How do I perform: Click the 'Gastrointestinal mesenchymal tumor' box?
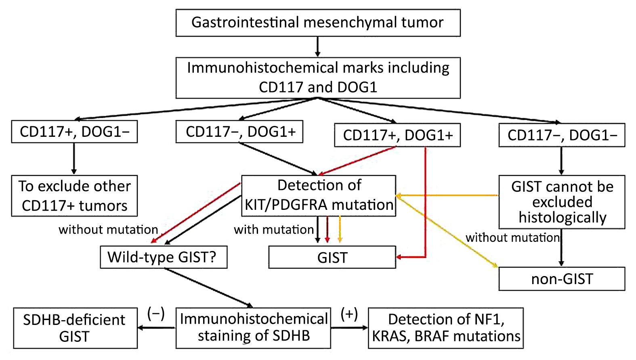click(318, 23)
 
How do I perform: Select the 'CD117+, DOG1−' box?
click(74, 132)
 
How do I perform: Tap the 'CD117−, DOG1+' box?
click(239, 132)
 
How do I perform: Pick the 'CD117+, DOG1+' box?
click(397, 135)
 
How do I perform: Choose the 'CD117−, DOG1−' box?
click(562, 135)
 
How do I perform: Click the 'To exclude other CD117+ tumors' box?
click(74, 196)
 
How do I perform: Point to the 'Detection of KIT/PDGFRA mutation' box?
click(319, 196)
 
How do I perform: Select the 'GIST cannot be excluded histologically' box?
click(562, 202)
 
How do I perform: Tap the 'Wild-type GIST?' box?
click(164, 257)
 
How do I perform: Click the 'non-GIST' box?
click(562, 279)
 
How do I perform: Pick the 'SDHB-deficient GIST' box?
click(75, 328)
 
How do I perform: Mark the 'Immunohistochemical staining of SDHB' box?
click(253, 328)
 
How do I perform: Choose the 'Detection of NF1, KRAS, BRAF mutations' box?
click(446, 328)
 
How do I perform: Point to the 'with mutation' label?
click(274, 230)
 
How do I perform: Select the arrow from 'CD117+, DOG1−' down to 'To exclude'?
click(74, 159)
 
